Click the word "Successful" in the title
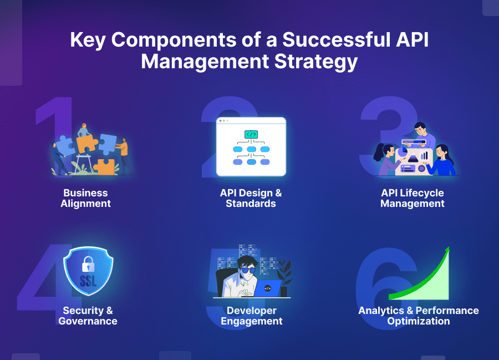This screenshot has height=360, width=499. tap(337, 39)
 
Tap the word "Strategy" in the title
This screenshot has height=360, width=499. tap(316, 62)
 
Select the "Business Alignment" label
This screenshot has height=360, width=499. tap(85, 198)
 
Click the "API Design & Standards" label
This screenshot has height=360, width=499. tap(251, 198)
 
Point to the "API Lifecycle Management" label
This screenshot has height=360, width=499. tap(413, 198)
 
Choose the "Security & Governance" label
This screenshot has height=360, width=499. tap(88, 316)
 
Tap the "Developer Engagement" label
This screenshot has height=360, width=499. tap(251, 316)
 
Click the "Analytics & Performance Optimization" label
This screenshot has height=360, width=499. tap(419, 316)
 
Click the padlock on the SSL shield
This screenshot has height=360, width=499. tap(88, 264)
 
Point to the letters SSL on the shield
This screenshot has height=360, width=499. tap(88, 281)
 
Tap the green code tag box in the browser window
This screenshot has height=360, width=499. tap(251, 135)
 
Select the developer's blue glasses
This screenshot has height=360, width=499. tap(248, 270)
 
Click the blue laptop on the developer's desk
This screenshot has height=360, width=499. tap(267, 288)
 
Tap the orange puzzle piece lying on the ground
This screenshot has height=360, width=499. tap(104, 167)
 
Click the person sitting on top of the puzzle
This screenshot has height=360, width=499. tap(84, 130)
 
